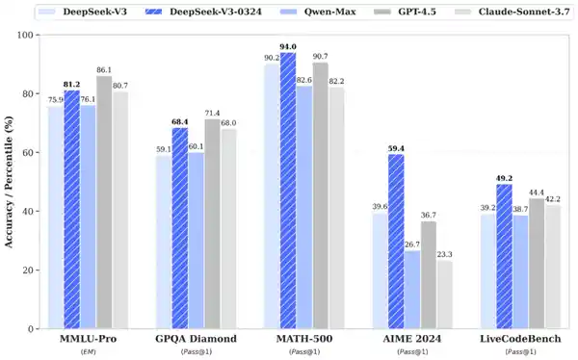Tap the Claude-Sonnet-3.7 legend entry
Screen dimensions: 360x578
pyautogui.click(x=502, y=13)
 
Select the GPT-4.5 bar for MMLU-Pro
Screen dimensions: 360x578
pyautogui.click(x=103, y=202)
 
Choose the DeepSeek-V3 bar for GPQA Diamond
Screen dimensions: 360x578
pyautogui.click(x=165, y=242)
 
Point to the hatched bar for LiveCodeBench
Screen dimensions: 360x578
pyautogui.click(x=504, y=256)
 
